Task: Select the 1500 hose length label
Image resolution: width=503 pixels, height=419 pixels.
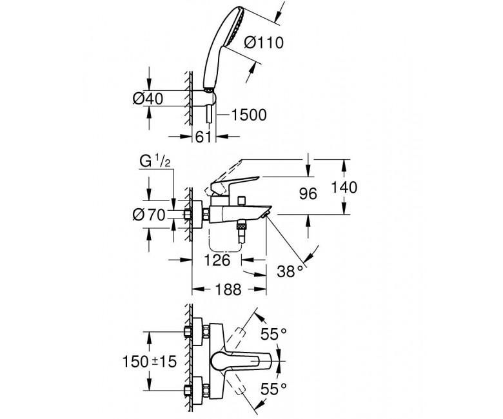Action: (x=248, y=115)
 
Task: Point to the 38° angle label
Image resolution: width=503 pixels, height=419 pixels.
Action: (x=289, y=271)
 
